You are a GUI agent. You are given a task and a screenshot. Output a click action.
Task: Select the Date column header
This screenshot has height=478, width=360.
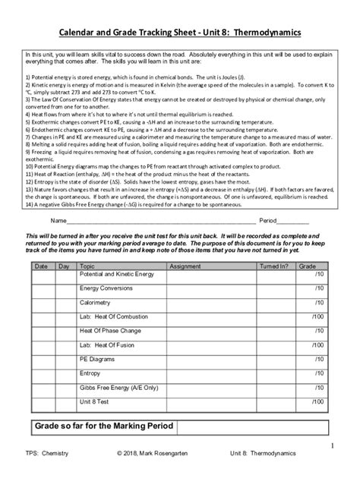point(41,267)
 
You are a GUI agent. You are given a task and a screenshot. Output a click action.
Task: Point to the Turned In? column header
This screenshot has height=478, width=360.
point(274,267)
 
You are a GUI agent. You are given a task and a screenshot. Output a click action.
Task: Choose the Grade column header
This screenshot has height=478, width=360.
point(308,267)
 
